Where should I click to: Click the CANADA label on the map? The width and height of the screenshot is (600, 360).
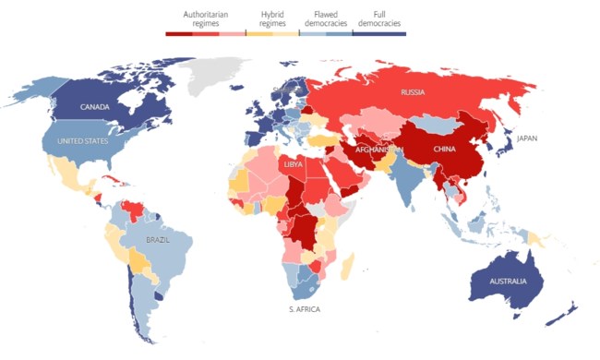(x=95, y=107)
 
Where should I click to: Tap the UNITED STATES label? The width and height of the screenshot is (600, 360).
(x=82, y=141)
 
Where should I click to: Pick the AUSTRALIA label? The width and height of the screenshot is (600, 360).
(x=508, y=281)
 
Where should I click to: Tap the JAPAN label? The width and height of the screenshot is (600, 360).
(x=526, y=138)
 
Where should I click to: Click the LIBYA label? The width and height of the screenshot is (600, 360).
(x=293, y=164)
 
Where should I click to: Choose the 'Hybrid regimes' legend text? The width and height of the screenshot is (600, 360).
(x=272, y=18)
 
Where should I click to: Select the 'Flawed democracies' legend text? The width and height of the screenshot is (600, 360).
(x=330, y=18)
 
